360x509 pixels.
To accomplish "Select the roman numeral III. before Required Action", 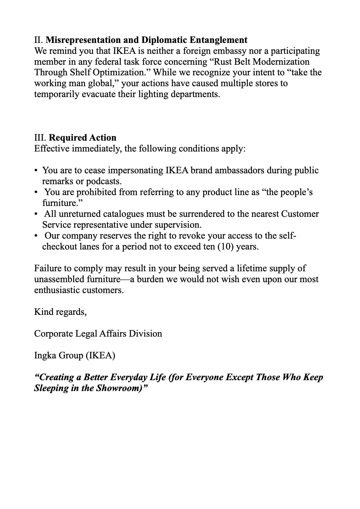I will pyautogui.click(x=40, y=138).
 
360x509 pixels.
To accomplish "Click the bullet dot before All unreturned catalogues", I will pyautogui.click(x=36, y=214).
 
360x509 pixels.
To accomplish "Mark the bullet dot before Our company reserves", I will pyautogui.click(x=36, y=236).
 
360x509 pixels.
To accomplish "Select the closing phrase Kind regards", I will pyautogui.click(x=60, y=312).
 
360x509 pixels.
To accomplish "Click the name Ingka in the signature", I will pyautogui.click(x=45, y=355).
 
